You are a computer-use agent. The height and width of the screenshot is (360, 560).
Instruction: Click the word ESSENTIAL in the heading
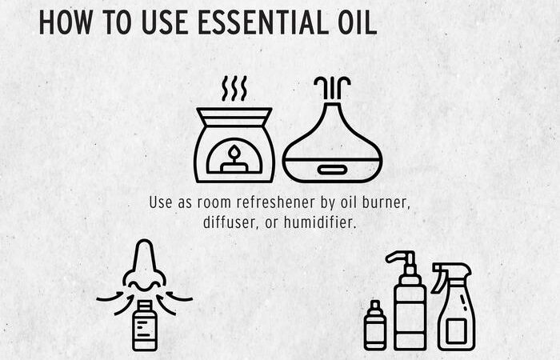pyautogui.click(x=263, y=22)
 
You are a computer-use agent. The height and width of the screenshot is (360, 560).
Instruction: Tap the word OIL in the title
pyautogui.click(x=358, y=22)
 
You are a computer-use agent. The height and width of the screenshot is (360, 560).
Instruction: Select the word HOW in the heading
pyautogui.click(x=66, y=22)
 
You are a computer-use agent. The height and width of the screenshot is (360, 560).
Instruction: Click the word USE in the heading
pyautogui.click(x=165, y=22)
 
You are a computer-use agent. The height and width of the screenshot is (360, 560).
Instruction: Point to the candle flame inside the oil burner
pyautogui.click(x=234, y=152)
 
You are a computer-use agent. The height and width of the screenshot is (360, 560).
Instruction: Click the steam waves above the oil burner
pyautogui.click(x=234, y=88)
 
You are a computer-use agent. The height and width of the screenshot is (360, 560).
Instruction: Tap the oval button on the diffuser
pyautogui.click(x=332, y=170)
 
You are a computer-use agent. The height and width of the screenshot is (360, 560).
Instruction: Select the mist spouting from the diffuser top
pyautogui.click(x=332, y=88)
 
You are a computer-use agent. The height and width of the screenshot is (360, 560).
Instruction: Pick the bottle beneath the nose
pyautogui.click(x=144, y=326)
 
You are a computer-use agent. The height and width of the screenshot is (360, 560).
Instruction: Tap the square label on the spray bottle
pyautogui.click(x=456, y=332)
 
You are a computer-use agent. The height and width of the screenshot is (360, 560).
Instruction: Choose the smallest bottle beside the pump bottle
pyautogui.click(x=374, y=325)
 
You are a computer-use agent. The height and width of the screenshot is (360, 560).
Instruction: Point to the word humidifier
pyautogui.click(x=320, y=222)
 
